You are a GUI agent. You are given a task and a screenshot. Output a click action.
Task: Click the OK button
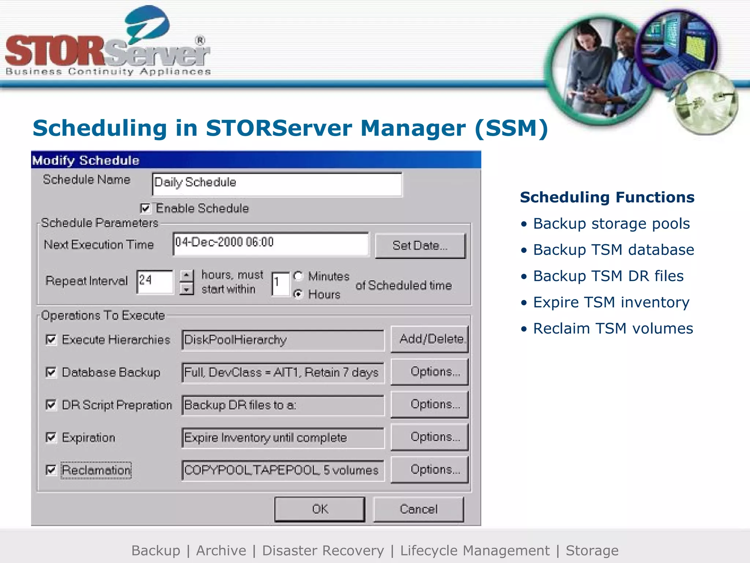pos(320,509)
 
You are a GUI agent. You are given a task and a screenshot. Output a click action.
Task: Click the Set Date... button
pos(420,246)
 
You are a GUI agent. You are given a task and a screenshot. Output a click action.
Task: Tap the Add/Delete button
pos(430,339)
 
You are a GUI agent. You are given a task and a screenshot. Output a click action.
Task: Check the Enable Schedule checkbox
pos(145,209)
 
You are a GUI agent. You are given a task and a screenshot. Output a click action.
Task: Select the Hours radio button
pos(299,294)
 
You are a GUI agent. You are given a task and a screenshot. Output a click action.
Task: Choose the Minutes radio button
pos(299,276)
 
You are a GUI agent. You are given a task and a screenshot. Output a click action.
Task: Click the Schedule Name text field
pos(277,184)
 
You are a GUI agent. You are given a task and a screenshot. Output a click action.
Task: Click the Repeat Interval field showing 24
pos(155,281)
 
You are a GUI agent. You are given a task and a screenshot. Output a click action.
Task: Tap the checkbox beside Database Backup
pos(51,372)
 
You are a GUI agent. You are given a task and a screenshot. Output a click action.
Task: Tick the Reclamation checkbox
pos(51,470)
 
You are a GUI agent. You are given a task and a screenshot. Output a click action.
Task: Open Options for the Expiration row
pos(430,437)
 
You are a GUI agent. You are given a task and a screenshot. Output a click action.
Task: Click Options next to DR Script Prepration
pos(430,405)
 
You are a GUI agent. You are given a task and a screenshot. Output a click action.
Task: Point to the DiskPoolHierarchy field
pos(283,340)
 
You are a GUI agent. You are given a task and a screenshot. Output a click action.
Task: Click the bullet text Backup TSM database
pos(613,250)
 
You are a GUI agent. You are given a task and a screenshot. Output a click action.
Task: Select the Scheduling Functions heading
pos(607,197)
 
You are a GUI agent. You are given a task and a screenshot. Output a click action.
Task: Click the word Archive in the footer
pos(221,551)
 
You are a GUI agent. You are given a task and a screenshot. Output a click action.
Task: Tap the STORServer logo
pos(108,44)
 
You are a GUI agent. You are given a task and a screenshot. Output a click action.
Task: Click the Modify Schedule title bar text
pos(86,161)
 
